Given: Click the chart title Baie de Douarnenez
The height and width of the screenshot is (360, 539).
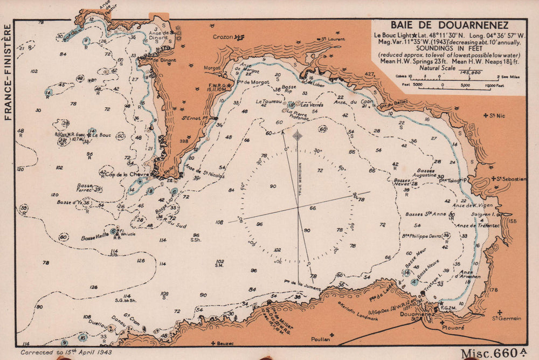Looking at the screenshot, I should (x=448, y=25).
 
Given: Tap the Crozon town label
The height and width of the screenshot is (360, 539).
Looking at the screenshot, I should (x=224, y=37).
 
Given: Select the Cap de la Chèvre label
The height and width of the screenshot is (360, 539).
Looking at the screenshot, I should (x=126, y=174).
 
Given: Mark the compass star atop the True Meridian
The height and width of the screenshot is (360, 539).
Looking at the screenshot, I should (x=298, y=135).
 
